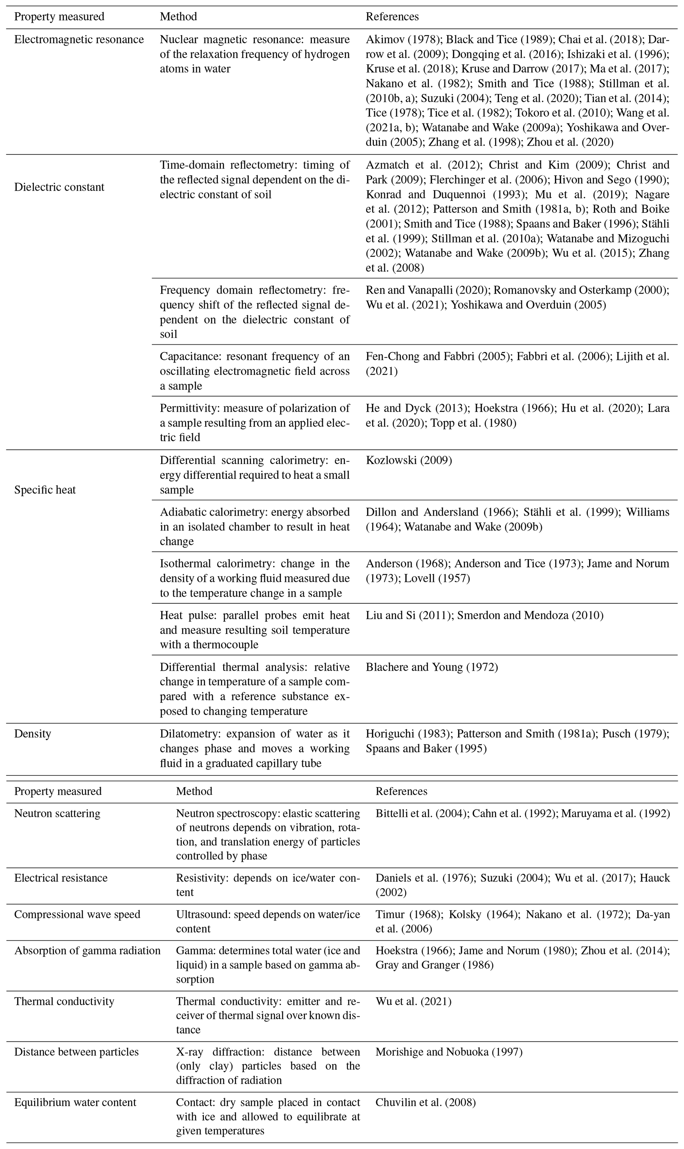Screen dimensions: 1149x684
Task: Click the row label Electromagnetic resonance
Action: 79,40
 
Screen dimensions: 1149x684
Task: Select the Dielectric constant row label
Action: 59,187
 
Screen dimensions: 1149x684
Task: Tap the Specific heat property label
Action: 45,490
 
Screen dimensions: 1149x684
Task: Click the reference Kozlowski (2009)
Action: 409,460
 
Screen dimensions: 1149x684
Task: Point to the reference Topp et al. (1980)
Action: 473,423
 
